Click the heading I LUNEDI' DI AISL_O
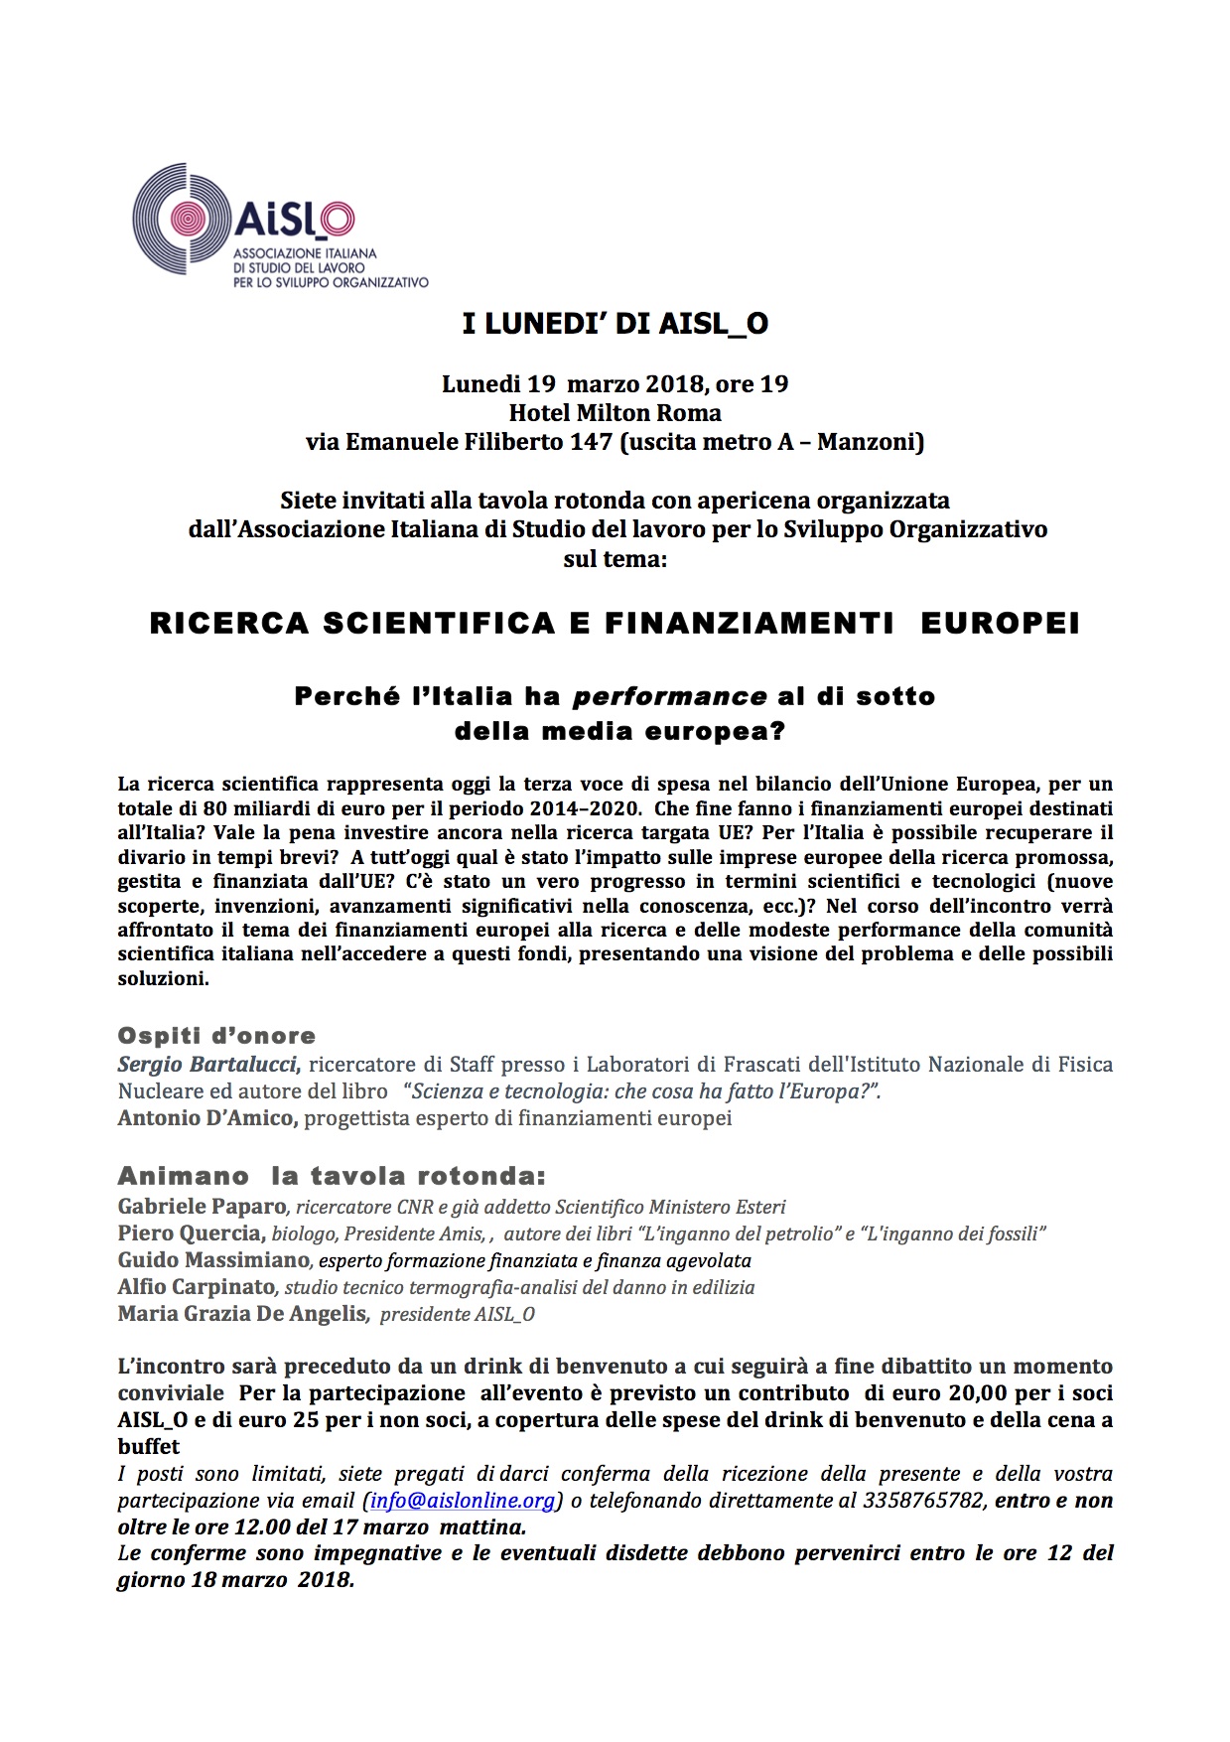(615, 325)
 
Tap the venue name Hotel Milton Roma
(615, 412)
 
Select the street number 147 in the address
(591, 442)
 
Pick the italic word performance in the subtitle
(670, 696)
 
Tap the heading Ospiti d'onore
(216, 1036)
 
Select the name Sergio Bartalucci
(207, 1065)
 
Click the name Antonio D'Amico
(206, 1118)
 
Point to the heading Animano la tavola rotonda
(332, 1177)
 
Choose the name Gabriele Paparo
(202, 1207)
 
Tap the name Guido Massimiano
(213, 1260)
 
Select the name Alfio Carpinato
(197, 1287)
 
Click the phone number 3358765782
(922, 1501)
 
